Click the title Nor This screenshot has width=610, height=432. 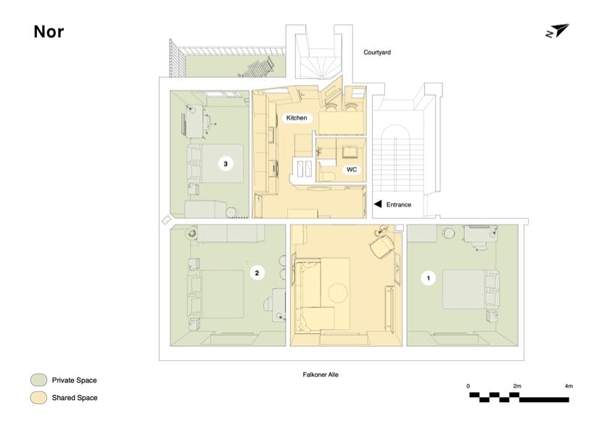[x=49, y=32]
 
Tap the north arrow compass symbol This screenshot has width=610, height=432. [x=558, y=31]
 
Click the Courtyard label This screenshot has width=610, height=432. [x=377, y=52]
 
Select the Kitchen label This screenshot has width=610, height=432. [x=297, y=118]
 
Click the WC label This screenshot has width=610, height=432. [x=352, y=169]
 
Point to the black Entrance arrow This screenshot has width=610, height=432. [x=378, y=204]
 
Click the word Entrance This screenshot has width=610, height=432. [x=399, y=205]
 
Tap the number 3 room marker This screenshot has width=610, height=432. [x=226, y=163]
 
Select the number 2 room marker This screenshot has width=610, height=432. [x=257, y=273]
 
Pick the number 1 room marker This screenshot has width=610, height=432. [x=429, y=278]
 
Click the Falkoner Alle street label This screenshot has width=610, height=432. [x=321, y=375]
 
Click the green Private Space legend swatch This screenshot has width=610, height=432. [x=38, y=380]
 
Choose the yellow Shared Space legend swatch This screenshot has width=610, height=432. [x=38, y=397]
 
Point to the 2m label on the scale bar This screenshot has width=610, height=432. [x=517, y=386]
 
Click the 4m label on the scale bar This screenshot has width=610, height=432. [x=569, y=386]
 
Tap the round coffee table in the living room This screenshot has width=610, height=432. [x=338, y=293]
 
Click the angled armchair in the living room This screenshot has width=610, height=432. [x=382, y=245]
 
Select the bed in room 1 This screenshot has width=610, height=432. [x=471, y=289]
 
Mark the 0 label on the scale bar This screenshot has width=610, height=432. [x=468, y=386]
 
